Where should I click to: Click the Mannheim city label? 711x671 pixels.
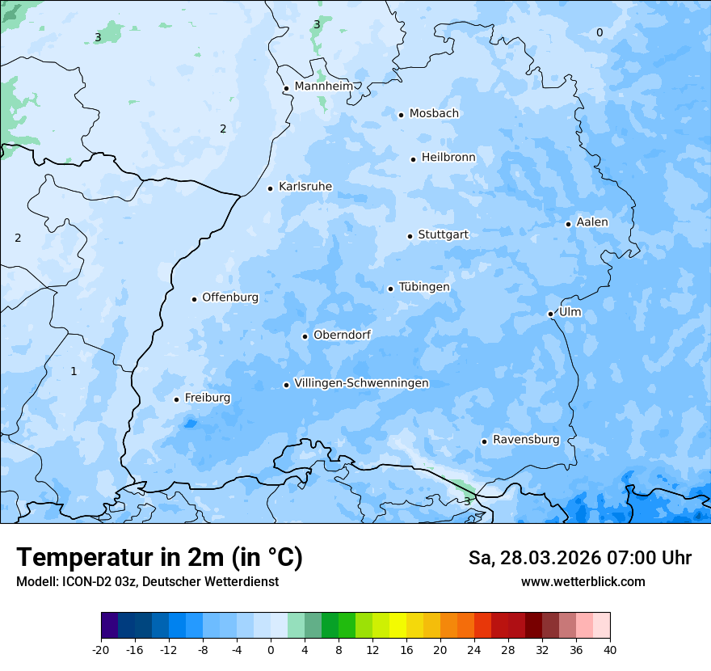[x=323, y=87]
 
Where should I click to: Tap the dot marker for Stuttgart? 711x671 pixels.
[x=410, y=236]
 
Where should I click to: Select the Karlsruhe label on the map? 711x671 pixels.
[x=305, y=187]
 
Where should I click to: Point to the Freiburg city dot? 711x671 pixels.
[x=176, y=399]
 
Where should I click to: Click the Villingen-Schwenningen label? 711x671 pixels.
[x=361, y=383]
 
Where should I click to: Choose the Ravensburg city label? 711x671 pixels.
[x=525, y=440]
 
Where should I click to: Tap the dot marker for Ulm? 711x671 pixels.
[x=550, y=314]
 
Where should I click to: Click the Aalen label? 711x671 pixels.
[x=591, y=222]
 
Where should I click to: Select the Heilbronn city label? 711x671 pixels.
[x=448, y=158]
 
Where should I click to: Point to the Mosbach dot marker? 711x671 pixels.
[x=401, y=115]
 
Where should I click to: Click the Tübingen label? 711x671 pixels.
[x=423, y=287]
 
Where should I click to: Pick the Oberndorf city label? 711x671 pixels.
[x=342, y=335]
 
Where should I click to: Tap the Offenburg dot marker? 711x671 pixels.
[x=194, y=299]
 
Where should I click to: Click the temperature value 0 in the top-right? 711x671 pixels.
[x=600, y=32]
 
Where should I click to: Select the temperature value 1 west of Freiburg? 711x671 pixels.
[x=74, y=371]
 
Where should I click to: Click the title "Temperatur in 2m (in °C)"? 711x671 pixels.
[x=159, y=558]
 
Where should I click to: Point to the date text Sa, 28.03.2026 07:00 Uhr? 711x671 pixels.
[x=579, y=558]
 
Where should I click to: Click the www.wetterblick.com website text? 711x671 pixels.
[x=583, y=582]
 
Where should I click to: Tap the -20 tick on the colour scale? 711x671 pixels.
[x=101, y=649]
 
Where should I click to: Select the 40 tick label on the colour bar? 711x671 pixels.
[x=610, y=649]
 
